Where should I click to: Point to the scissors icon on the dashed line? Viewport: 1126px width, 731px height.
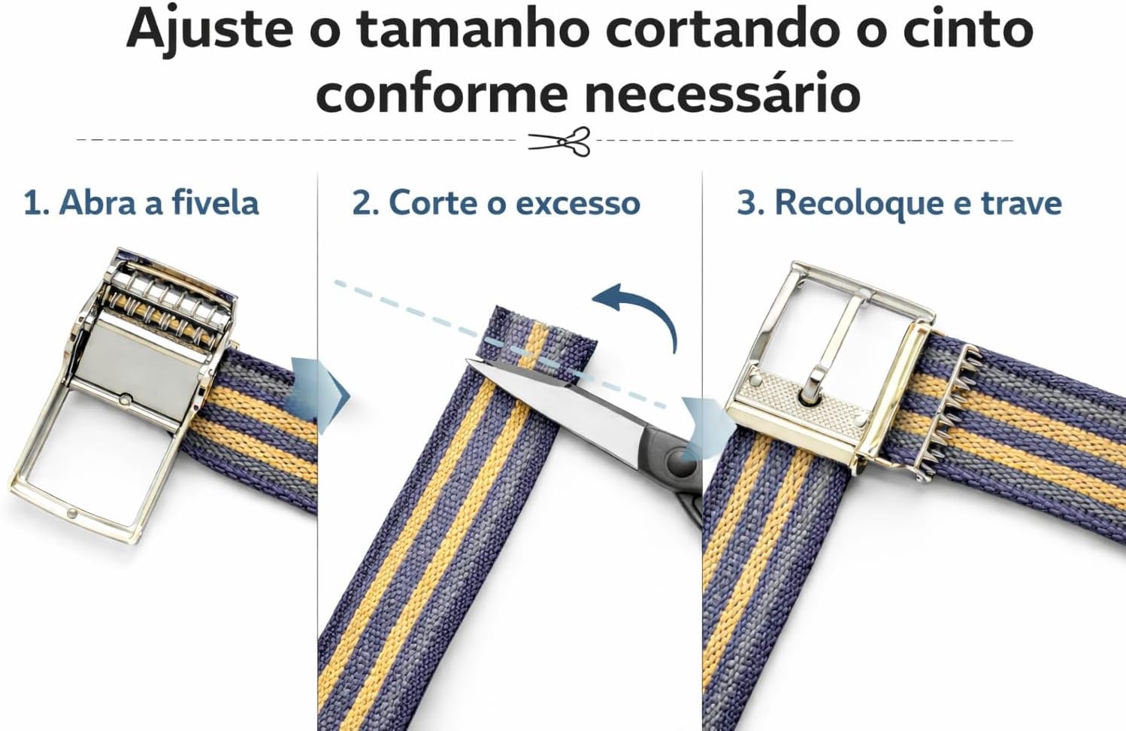pyautogui.click(x=559, y=141)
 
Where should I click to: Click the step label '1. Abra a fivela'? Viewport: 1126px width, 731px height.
pyautogui.click(x=141, y=203)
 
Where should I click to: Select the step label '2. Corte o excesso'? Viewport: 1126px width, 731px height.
pyautogui.click(x=496, y=203)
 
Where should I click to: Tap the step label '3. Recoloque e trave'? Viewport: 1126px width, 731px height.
pyautogui.click(x=899, y=204)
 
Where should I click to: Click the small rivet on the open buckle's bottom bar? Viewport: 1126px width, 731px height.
pyautogui.click(x=73, y=514)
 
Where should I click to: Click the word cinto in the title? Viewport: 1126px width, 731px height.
pyautogui.click(x=967, y=29)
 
